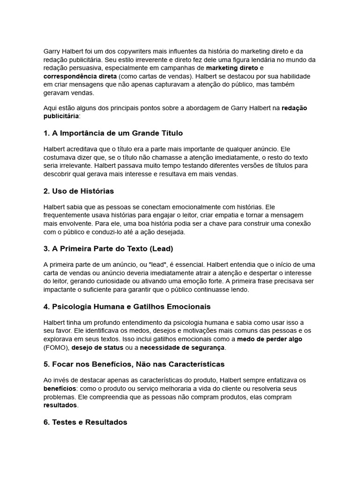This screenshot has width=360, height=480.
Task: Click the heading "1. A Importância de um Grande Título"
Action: pyautogui.click(x=113, y=133)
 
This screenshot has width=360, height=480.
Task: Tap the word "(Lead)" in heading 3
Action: pyautogui.click(x=162, y=248)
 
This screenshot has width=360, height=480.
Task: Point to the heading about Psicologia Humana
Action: pyautogui.click(x=127, y=307)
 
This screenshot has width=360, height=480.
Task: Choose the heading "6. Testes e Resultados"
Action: pyautogui.click(x=85, y=422)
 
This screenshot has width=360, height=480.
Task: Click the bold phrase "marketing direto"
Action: pyautogui.click(x=232, y=68)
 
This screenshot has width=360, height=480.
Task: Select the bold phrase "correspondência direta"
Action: pyautogui.click(x=80, y=76)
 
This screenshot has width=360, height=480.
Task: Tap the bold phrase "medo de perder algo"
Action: pyautogui.click(x=270, y=339)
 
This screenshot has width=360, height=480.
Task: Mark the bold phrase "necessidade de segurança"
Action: pyautogui.click(x=182, y=347)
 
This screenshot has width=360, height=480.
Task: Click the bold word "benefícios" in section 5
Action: pyautogui.click(x=60, y=389)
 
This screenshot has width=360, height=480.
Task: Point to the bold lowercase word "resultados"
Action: pyautogui.click(x=60, y=405)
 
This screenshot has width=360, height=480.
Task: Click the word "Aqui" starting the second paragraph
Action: pyautogui.click(x=50, y=108)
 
